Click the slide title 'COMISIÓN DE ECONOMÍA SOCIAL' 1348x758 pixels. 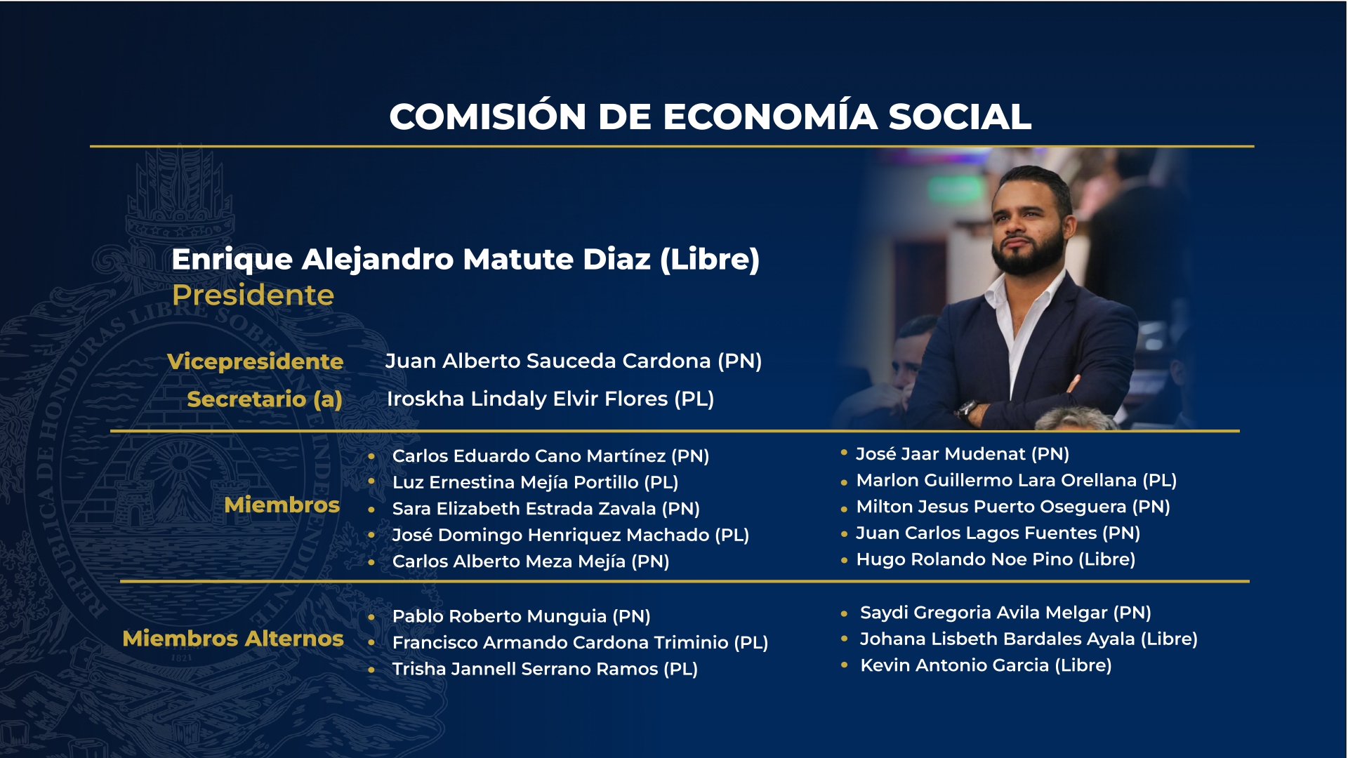pyautogui.click(x=710, y=116)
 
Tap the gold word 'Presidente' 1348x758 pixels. pyautogui.click(x=253, y=295)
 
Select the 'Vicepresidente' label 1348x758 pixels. pyautogui.click(x=255, y=361)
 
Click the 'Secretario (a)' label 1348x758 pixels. pyautogui.click(x=265, y=399)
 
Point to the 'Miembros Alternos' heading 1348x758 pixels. pyautogui.click(x=233, y=638)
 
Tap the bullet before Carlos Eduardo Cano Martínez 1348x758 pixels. pyautogui.click(x=371, y=456)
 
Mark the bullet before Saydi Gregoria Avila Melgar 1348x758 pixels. pyautogui.click(x=844, y=613)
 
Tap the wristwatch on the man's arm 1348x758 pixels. pyautogui.click(x=968, y=408)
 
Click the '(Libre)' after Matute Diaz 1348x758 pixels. pyautogui.click(x=710, y=260)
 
